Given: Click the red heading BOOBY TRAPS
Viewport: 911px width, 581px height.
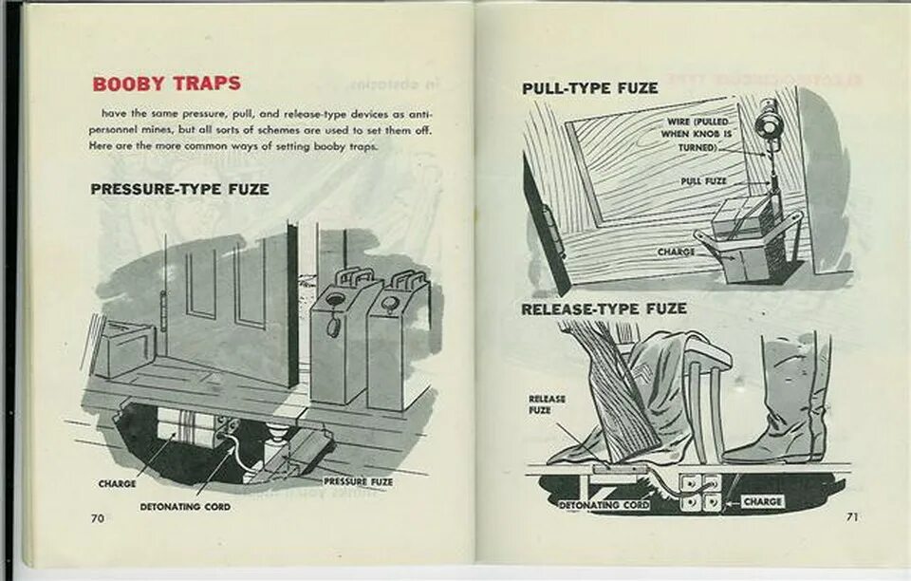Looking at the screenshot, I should coord(166,84).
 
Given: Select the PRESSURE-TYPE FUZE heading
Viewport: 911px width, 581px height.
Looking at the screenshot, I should coord(179,189).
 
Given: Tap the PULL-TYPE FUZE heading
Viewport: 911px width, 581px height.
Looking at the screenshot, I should coord(589,88).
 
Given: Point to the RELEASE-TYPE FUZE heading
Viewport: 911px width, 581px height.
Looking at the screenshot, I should coord(604,309).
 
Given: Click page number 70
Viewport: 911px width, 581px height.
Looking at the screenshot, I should coord(97,518).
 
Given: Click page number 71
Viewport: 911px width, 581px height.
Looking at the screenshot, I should coord(852,516).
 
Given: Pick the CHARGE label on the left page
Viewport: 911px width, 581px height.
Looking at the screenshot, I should coord(117,484).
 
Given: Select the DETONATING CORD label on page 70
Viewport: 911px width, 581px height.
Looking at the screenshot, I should coord(185,507).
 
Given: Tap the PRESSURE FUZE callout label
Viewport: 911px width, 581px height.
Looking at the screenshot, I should coord(359,482).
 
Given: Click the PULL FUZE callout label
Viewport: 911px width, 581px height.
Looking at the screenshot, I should coord(702,180).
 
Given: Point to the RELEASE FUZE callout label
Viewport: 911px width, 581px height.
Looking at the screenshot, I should coord(547,404).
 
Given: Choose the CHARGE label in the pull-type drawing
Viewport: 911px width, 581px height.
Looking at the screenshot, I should coord(676,253).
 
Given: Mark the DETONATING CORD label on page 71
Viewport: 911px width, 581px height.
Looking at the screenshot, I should coord(604,505).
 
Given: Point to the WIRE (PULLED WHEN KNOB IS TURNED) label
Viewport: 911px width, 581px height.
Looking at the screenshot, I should coord(697,136).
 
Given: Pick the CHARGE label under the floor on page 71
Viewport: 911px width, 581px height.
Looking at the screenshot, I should coord(762,500).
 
